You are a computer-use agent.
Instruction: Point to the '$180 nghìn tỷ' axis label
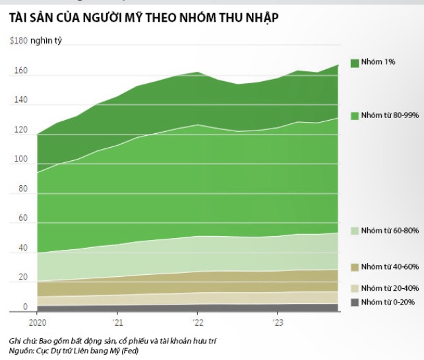pyautogui.click(x=32, y=41)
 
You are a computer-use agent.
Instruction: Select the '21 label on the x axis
pyautogui.click(x=117, y=322)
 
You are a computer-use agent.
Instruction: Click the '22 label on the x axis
pyautogui.click(x=197, y=322)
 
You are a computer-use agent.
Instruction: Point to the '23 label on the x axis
pyautogui.click(x=277, y=322)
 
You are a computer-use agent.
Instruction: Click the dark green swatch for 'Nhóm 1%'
pyautogui.click(x=354, y=63)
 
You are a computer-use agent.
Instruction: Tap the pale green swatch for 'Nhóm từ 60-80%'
pyautogui.click(x=354, y=231)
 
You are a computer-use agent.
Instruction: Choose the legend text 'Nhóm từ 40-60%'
pyautogui.click(x=391, y=266)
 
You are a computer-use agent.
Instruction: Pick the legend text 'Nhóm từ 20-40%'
pyautogui.click(x=391, y=288)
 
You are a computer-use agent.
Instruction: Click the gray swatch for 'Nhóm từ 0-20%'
pyautogui.click(x=354, y=302)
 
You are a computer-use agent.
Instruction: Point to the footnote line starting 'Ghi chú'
pyautogui.click(x=113, y=340)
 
